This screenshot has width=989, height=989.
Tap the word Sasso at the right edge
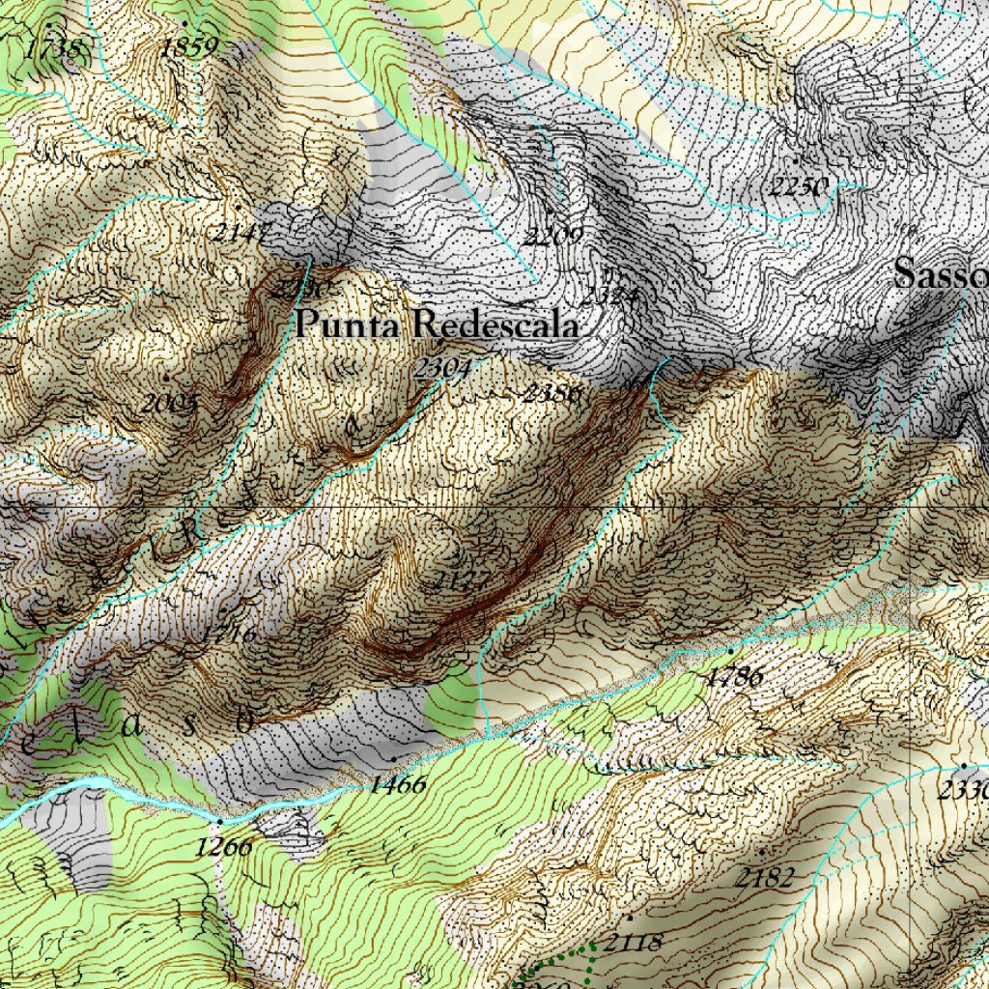(940, 274)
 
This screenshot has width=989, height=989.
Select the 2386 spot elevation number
(551, 393)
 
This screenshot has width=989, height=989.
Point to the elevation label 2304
(442, 368)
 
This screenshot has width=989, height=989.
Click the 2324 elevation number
(609, 297)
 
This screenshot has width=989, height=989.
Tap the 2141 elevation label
(240, 232)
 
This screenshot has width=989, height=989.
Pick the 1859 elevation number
(189, 46)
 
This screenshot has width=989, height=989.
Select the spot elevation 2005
(169, 403)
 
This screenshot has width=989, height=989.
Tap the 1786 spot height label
(734, 677)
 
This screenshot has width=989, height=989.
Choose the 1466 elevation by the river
(396, 784)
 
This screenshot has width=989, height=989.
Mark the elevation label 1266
(223, 847)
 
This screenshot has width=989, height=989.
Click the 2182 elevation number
(763, 877)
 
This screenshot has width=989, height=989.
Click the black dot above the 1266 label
(219, 822)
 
